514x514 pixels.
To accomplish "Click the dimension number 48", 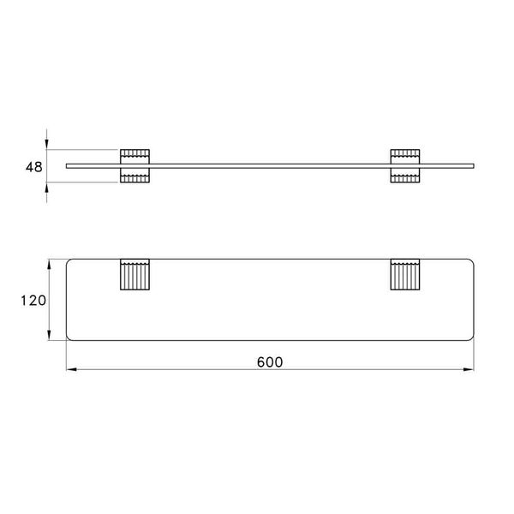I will click(34, 166).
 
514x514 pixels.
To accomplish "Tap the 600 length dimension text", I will click(271, 362).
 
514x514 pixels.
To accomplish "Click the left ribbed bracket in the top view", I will click(134, 276).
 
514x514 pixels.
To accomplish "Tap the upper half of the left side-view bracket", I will click(134, 155).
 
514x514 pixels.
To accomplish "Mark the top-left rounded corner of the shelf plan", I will click(71, 260).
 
